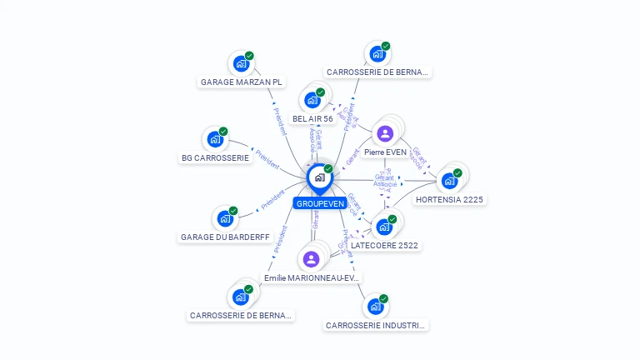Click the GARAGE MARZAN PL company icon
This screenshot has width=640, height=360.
click(241, 63)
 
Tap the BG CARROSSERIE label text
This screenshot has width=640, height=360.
click(215, 157)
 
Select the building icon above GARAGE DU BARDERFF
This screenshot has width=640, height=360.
click(225, 218)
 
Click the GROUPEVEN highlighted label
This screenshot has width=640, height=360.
click(320, 203)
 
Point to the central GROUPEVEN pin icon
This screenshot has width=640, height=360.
click(319, 177)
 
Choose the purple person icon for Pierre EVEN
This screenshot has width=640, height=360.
click(385, 133)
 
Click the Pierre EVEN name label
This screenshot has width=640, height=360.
click(385, 152)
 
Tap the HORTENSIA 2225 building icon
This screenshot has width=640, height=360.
click(450, 180)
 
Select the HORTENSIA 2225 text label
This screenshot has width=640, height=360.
click(450, 200)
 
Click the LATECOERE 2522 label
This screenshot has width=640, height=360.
click(384, 245)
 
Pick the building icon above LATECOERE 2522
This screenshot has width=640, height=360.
click(384, 226)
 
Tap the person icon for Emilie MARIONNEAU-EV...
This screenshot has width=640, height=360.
click(312, 259)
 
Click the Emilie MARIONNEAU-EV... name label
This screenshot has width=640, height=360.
click(312, 277)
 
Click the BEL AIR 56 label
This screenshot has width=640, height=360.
click(312, 119)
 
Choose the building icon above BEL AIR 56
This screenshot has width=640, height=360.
click(312, 100)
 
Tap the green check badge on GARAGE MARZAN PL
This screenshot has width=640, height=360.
click(249, 56)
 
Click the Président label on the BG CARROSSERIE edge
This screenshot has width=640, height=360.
click(267, 160)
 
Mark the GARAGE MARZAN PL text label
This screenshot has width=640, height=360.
click(242, 82)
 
